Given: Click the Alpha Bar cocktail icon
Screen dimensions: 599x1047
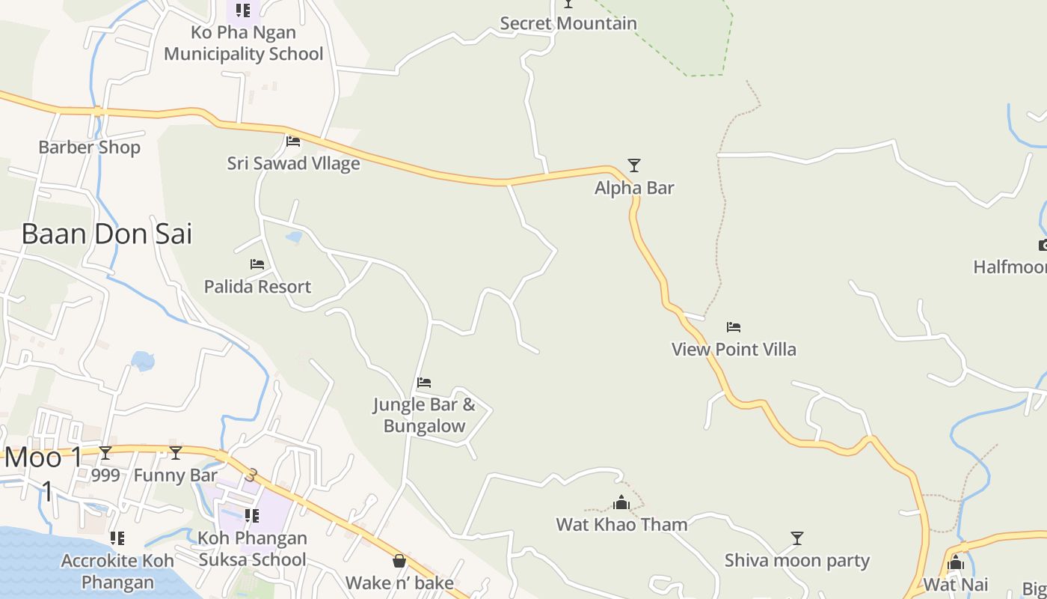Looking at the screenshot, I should click(x=634, y=165).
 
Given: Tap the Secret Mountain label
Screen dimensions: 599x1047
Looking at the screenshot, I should click(x=568, y=23).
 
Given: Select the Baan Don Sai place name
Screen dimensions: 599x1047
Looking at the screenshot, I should click(x=107, y=234).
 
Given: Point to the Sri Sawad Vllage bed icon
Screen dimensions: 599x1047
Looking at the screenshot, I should click(x=293, y=141).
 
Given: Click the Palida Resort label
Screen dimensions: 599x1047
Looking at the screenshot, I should click(x=257, y=286).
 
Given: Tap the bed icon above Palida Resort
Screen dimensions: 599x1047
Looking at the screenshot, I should click(x=257, y=264).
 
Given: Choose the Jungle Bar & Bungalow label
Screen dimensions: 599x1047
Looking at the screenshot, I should click(x=424, y=416).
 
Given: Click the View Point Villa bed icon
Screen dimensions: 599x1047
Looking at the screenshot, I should click(x=734, y=327).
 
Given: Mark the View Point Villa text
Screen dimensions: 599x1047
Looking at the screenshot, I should click(x=734, y=349).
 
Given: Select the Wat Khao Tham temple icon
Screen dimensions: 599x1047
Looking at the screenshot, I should click(x=621, y=503).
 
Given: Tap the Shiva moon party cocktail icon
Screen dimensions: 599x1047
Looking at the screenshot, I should click(x=797, y=538).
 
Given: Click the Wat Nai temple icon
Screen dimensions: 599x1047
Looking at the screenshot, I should click(x=956, y=562).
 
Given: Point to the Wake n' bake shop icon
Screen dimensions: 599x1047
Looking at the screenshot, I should click(x=399, y=561).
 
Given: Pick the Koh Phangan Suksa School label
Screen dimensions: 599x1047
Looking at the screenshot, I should click(x=252, y=549).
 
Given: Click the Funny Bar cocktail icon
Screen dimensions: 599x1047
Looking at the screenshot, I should click(x=176, y=453).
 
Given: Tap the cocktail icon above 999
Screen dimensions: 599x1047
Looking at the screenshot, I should click(x=105, y=453).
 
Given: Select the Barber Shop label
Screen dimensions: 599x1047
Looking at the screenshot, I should click(x=89, y=147).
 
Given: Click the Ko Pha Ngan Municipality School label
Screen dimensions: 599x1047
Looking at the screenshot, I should click(x=244, y=43).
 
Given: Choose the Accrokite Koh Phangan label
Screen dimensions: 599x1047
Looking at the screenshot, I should click(x=117, y=571).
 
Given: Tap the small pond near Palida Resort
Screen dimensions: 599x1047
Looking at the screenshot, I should click(x=294, y=237).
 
